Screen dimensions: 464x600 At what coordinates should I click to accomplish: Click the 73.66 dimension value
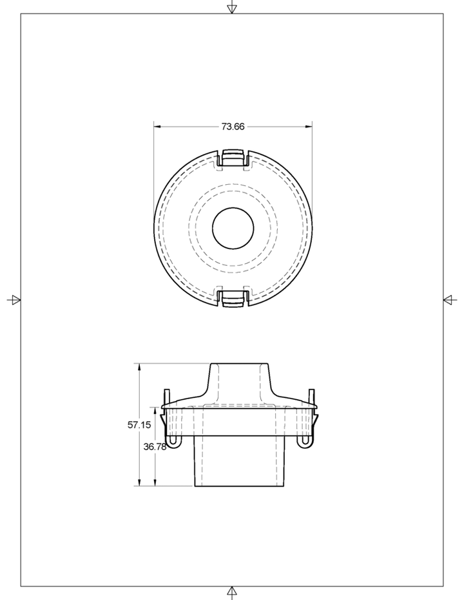tap(233, 126)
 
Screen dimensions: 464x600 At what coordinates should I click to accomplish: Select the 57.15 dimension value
tap(139, 424)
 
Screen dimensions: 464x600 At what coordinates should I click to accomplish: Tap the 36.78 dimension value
tap(155, 447)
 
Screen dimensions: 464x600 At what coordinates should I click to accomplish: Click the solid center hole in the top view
tap(233, 228)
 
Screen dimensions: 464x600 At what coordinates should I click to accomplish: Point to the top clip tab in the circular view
tap(233, 158)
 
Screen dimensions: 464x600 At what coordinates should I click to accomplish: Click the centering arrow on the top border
tap(232, 8)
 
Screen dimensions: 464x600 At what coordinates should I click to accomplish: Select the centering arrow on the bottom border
tap(232, 592)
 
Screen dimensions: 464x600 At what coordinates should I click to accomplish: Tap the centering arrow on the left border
tap(14, 299)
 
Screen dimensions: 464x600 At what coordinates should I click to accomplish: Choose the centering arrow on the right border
tap(450, 299)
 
